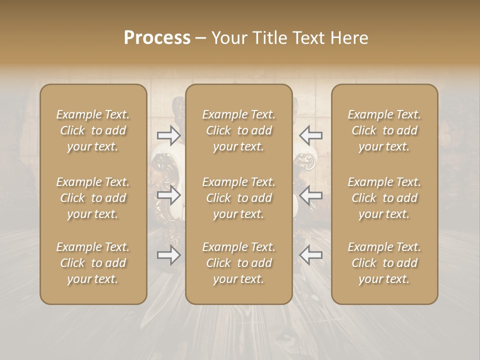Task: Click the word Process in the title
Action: pos(157,38)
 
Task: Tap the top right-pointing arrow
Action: pos(169,135)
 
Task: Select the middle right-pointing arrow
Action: pos(169,195)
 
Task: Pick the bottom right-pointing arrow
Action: pos(169,255)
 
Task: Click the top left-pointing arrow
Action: pos(310,135)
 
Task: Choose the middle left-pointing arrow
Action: pos(310,195)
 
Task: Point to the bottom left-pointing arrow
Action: pos(310,255)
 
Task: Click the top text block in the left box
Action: pos(93,130)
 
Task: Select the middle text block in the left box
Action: pos(93,198)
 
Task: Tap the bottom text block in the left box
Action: pos(93,263)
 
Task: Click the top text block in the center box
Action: pos(238,130)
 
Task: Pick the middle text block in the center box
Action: pos(238,198)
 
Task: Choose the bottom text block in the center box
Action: pos(238,263)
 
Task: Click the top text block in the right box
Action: pos(384,130)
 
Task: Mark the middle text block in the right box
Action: pos(384,198)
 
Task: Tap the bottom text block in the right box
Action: pos(384,263)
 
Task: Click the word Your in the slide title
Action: pos(227,38)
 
